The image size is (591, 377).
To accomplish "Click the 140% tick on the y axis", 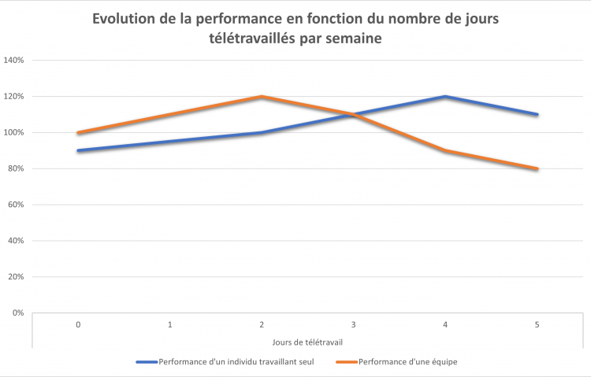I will [x=14, y=60].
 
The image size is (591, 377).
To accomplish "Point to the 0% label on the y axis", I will [x=17, y=313].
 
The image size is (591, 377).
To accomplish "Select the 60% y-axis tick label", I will [x=16, y=205].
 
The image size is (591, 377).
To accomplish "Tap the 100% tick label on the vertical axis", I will [x=14, y=132].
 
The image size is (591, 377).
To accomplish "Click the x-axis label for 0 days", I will [x=78, y=324].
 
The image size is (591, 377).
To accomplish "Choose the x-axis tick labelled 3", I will [x=353, y=324].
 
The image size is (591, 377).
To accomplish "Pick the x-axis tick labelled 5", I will [x=537, y=324].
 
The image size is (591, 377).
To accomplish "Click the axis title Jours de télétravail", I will [x=307, y=341].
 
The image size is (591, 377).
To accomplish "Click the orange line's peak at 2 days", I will [x=262, y=97].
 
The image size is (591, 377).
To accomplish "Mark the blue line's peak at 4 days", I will [x=445, y=97].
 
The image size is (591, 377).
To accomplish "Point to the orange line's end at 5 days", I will [x=537, y=168].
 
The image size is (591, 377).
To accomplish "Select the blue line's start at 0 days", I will [x=78, y=150].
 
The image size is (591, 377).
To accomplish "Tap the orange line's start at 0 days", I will [x=78, y=132].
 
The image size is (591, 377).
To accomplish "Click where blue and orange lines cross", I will [x=351, y=115].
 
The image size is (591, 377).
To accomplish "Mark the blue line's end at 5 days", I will [x=537, y=114].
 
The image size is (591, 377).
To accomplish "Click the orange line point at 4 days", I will [x=445, y=150].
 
